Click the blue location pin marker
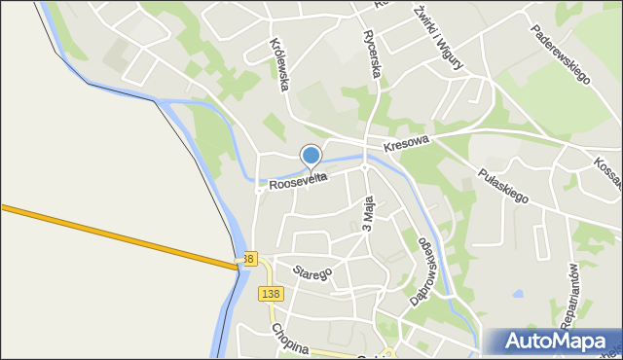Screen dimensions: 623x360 [311, 156]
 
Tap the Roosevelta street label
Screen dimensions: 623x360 [298, 180]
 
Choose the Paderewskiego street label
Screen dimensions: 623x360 [562, 54]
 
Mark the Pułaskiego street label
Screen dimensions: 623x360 [502, 184]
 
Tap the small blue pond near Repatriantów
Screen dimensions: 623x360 [517, 293]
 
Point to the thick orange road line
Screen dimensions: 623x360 [117, 234]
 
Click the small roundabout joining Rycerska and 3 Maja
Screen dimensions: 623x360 [364, 166]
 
